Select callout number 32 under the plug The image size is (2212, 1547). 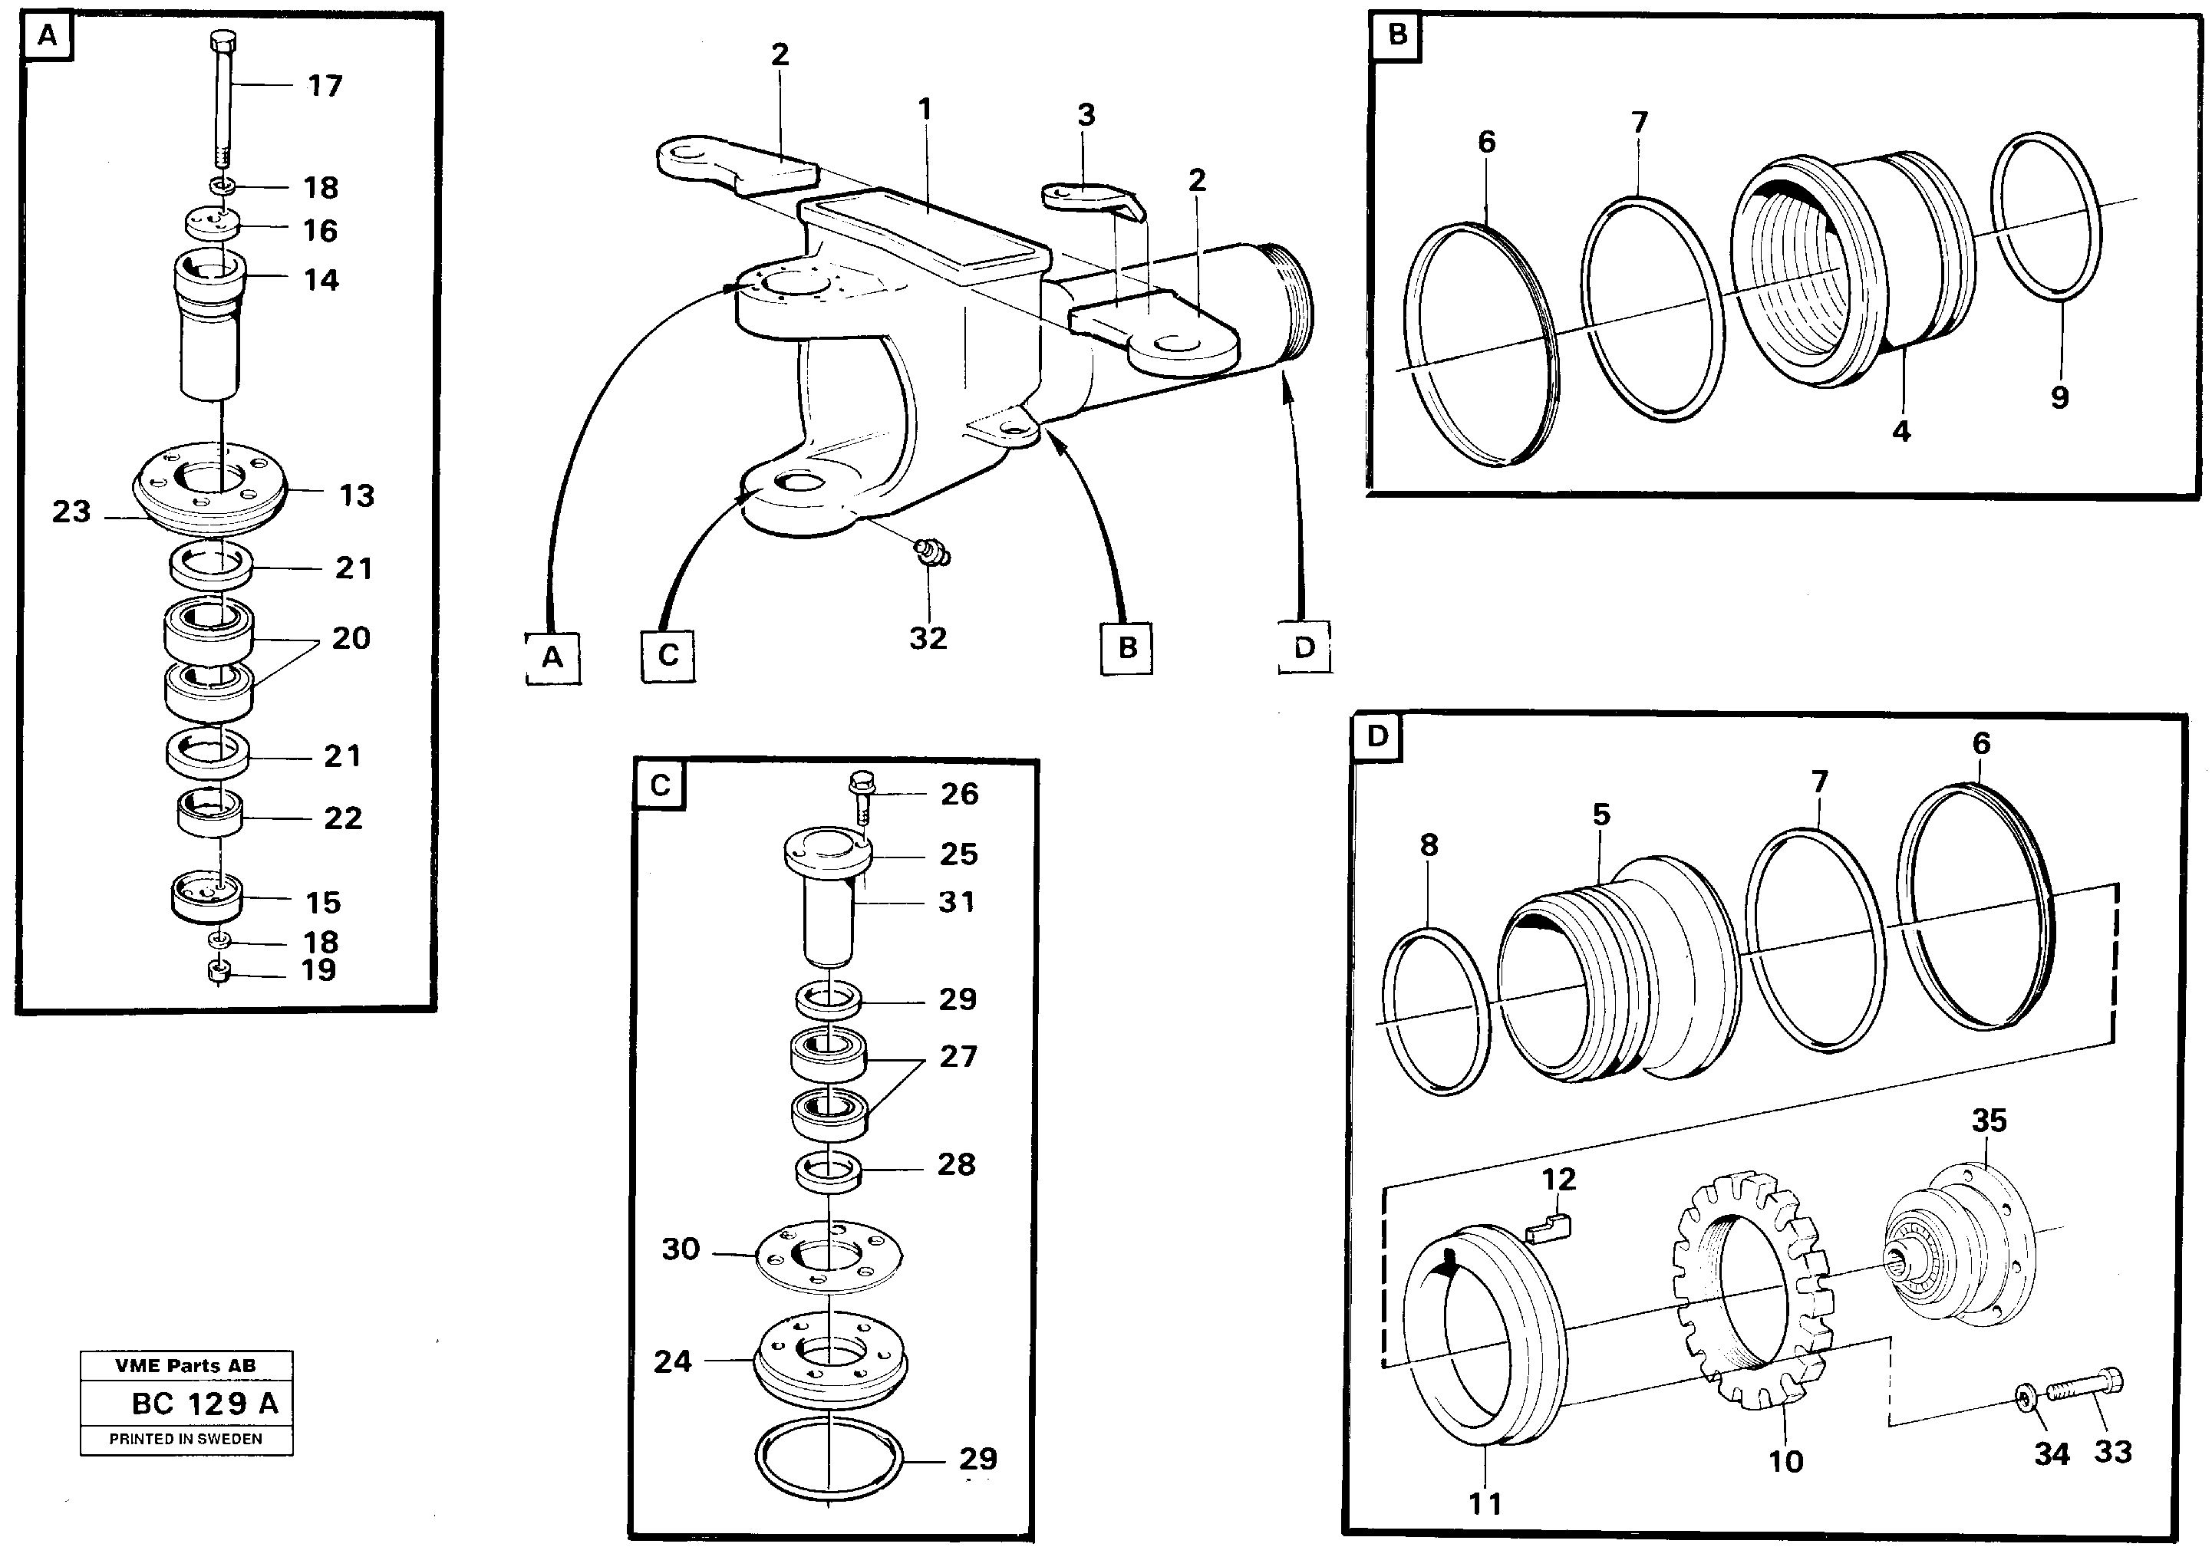[x=928, y=637]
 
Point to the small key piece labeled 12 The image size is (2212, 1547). [x=1549, y=1230]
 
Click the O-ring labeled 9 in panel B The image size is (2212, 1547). [x=2046, y=218]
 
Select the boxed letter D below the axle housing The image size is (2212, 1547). [x=1304, y=647]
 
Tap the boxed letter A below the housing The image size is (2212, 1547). [x=552, y=657]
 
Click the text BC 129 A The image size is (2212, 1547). [x=204, y=1404]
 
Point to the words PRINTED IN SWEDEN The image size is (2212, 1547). [x=185, y=1439]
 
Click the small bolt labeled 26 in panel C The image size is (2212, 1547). [x=859, y=792]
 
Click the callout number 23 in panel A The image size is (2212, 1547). [x=71, y=511]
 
